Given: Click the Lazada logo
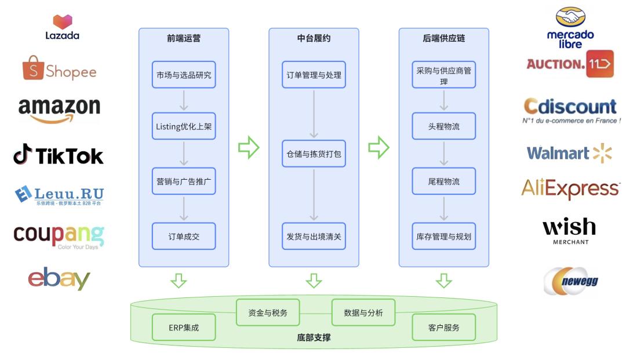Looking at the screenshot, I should pos(62,27).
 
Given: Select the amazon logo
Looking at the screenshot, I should pos(59,110).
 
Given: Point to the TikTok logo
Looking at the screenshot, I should pos(59,155).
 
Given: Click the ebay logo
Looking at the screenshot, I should pos(59,279).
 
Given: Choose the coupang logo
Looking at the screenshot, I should pos(59,235).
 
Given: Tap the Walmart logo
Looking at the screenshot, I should pos(569,153).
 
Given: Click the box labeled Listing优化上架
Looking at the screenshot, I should pos(184,126).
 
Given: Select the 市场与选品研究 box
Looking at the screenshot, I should pos(184,75).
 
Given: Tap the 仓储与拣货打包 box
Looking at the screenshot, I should pos(314,154).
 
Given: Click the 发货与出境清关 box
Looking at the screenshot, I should pos(314,237).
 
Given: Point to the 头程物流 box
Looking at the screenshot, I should pos(443,126).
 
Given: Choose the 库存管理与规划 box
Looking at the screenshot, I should pos(443,237).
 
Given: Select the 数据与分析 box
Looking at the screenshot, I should pos(363,313).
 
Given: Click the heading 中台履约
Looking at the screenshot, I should pos(314,39).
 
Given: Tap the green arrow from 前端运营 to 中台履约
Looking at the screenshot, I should pos(249,147).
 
